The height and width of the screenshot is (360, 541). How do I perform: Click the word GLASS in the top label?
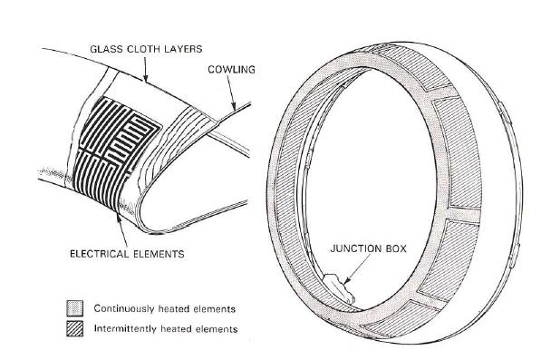(x=104, y=45)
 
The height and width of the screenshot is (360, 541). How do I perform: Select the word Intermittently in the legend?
(x=126, y=328)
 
